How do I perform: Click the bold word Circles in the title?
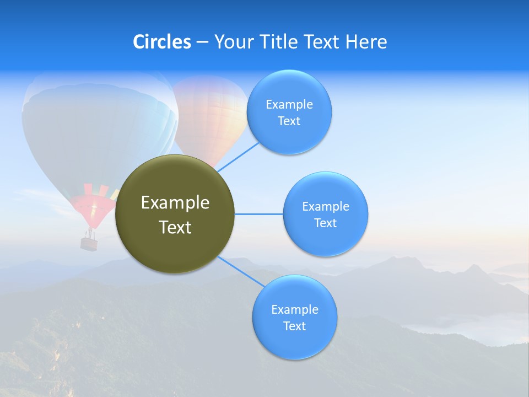point(162,42)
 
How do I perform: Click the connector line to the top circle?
point(238,156)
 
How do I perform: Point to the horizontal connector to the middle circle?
point(259,214)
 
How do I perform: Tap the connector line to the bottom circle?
point(240,271)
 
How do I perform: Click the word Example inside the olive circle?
point(175,203)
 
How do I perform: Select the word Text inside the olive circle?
point(175,227)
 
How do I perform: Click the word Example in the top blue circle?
point(289,105)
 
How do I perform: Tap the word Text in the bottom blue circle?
point(295,326)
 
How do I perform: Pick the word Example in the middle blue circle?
point(326,207)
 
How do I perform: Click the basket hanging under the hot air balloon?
point(89,243)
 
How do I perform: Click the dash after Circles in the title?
point(202,42)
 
